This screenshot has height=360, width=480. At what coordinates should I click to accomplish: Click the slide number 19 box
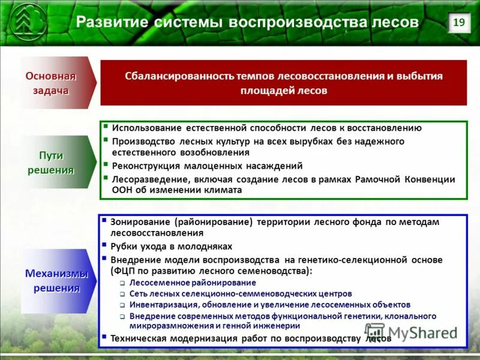(458, 23)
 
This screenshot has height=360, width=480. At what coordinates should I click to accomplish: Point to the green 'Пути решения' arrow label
(54, 162)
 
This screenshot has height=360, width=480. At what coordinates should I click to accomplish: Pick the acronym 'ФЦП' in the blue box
(124, 271)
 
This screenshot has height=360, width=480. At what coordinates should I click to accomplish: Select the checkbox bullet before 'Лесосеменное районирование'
(122, 283)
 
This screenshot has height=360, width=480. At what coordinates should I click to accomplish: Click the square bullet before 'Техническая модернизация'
(104, 337)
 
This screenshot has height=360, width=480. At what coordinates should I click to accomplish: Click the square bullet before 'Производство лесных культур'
(106, 140)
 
